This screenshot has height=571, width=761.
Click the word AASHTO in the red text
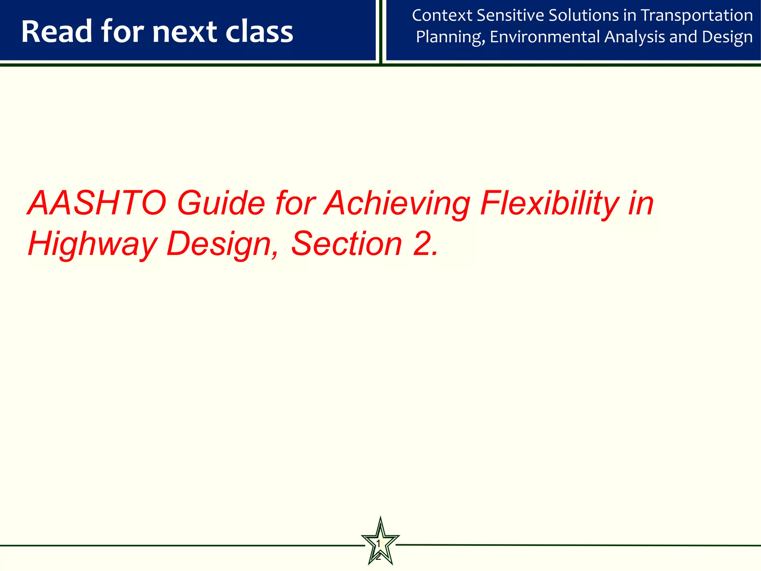pyautogui.click(x=97, y=203)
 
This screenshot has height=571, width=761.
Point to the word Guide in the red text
pyautogui.click(x=221, y=203)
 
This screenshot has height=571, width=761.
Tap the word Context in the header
pyautogui.click(x=442, y=16)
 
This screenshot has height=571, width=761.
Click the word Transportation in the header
pyautogui.click(x=697, y=16)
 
